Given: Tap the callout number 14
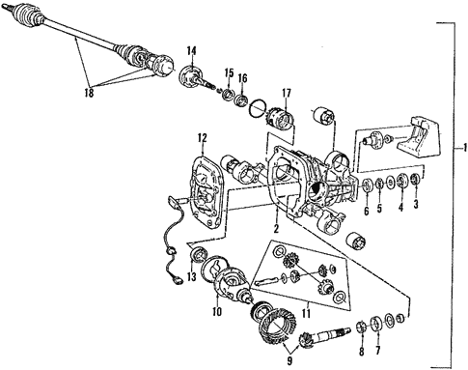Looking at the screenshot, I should tap(191, 50).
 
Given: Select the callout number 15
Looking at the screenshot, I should tap(229, 72).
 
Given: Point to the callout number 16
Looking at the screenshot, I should tap(243, 78).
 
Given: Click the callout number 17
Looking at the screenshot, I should tap(287, 93).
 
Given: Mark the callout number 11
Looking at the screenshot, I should tap(281, 313).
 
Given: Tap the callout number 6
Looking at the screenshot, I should tap(367, 209).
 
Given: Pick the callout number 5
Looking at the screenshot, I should tap(383, 209).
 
